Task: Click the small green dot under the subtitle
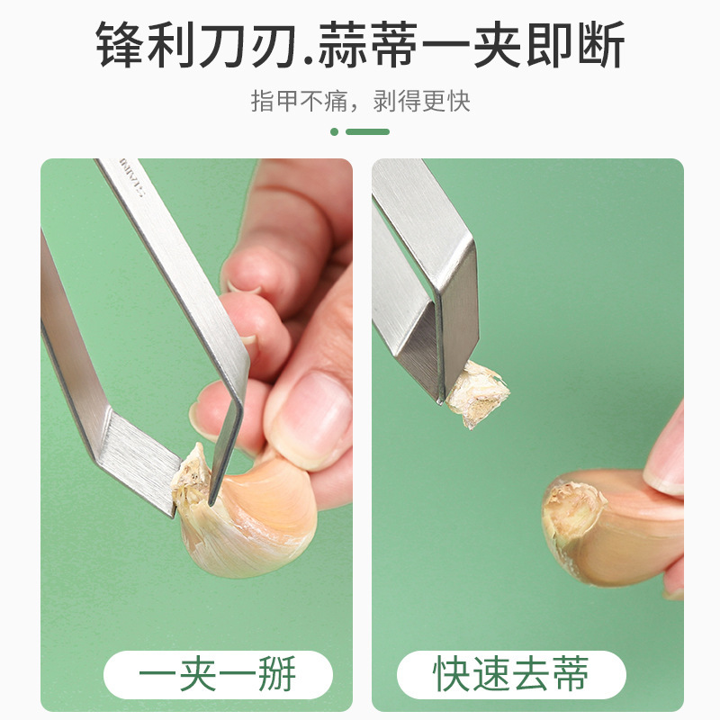(335, 131)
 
